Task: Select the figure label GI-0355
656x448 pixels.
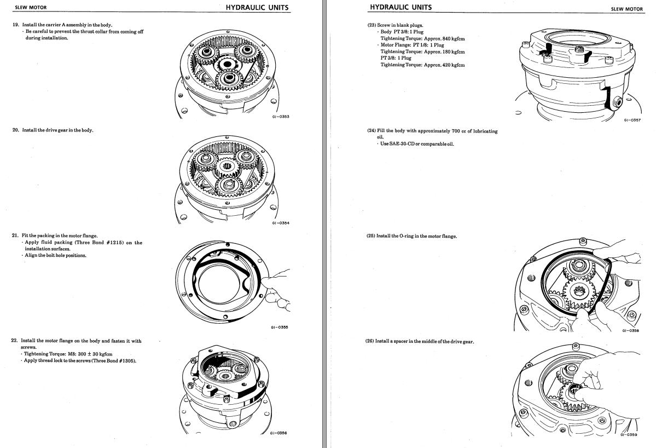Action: coord(280,328)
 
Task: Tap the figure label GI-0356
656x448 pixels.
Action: coord(278,433)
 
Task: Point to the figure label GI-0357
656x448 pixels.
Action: coord(632,120)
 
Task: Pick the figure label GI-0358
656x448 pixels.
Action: coord(630,330)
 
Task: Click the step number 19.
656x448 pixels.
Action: coord(15,25)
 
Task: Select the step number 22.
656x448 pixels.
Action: coord(15,341)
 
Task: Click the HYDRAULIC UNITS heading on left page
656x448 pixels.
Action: coord(257,8)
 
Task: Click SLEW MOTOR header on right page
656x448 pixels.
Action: coord(627,9)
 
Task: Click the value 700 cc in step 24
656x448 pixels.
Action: coord(458,131)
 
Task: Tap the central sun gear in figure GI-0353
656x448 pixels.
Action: coord(225,65)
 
